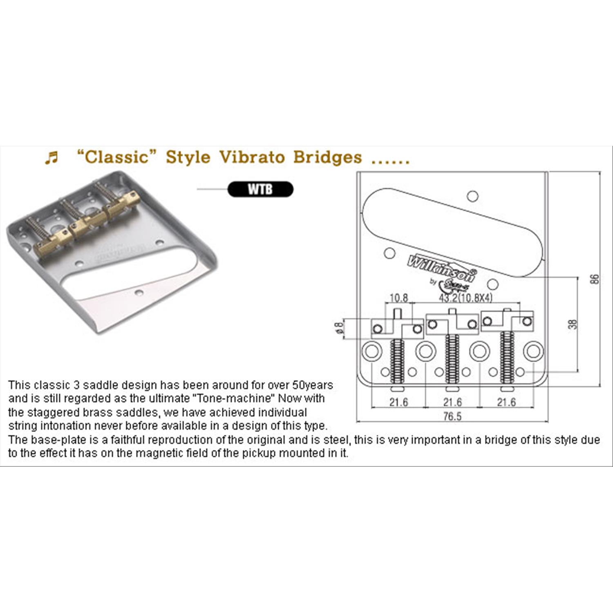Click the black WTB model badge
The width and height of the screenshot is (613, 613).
[x=260, y=189]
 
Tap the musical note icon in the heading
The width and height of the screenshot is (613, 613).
[x=51, y=157]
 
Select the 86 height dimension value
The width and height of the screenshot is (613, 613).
[x=595, y=279]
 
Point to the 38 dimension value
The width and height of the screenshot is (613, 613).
[x=573, y=324]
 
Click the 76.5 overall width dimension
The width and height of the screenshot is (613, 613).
[x=452, y=416]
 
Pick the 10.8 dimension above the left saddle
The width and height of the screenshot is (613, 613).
[x=398, y=298]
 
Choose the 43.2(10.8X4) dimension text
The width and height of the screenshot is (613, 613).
[x=466, y=298]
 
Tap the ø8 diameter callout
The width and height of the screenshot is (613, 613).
[x=338, y=328]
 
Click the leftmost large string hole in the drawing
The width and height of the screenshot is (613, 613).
[x=372, y=351]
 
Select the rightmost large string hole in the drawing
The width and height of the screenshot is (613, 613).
[x=533, y=351]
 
